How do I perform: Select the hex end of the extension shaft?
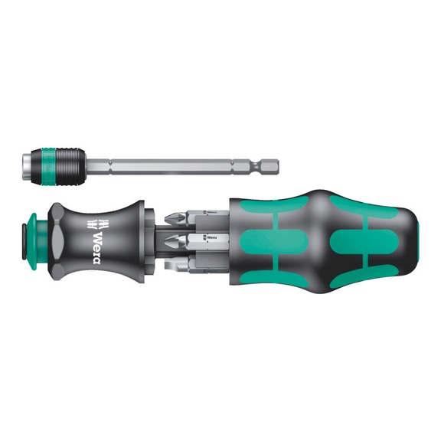click(x=268, y=165)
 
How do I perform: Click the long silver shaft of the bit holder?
click(x=176, y=165)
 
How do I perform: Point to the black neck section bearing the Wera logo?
click(x=107, y=237)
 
